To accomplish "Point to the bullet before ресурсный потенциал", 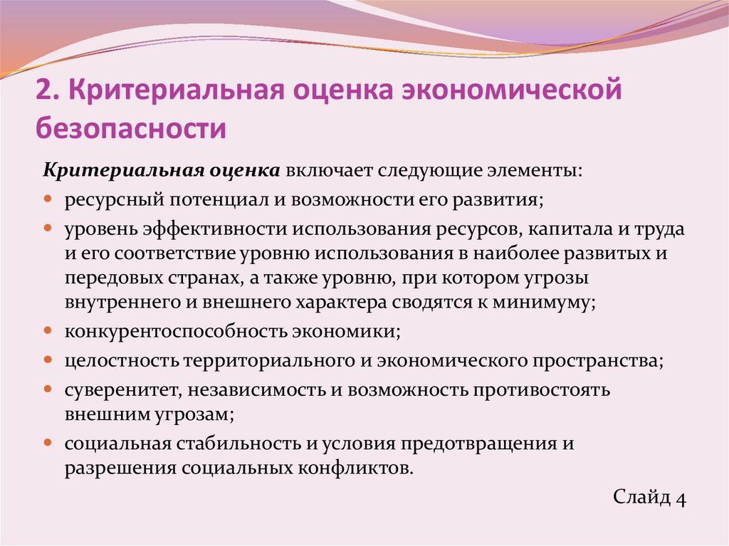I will click(48, 200).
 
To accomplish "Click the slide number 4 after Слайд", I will click(681, 497).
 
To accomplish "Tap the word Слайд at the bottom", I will click(641, 497).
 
